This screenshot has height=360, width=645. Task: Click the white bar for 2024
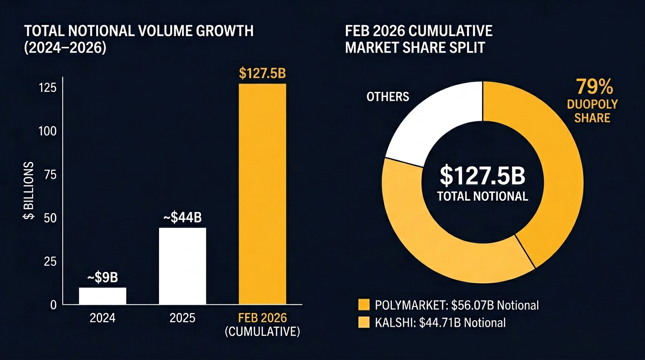click(103, 296)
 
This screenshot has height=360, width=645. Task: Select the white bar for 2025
click(182, 266)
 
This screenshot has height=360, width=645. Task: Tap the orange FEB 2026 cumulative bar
click(262, 194)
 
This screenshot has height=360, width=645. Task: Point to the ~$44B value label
click(182, 218)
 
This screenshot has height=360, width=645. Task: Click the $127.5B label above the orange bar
click(262, 74)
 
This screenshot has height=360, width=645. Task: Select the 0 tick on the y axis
click(53, 305)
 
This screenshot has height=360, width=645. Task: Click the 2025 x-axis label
click(182, 319)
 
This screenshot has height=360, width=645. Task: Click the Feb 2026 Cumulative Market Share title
click(419, 39)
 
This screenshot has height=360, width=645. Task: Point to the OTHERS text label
click(388, 97)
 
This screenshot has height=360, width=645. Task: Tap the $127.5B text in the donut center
click(482, 175)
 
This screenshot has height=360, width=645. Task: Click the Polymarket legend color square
click(364, 305)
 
